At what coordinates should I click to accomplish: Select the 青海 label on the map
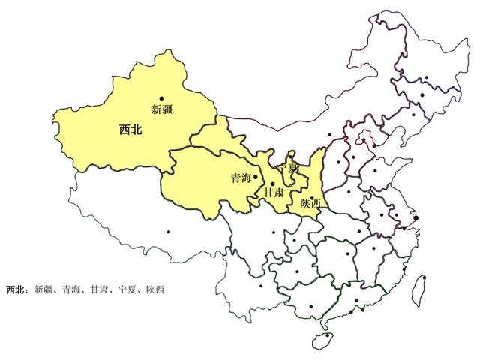(x=241, y=179)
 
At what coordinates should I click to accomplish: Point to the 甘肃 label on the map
(x=274, y=193)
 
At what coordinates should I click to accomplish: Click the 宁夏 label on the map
(x=289, y=170)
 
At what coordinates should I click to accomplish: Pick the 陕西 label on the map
(x=310, y=203)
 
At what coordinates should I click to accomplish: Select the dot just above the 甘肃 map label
(x=272, y=183)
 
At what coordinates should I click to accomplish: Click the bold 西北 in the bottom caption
(x=16, y=289)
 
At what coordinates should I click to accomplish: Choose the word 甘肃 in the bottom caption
(x=99, y=289)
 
